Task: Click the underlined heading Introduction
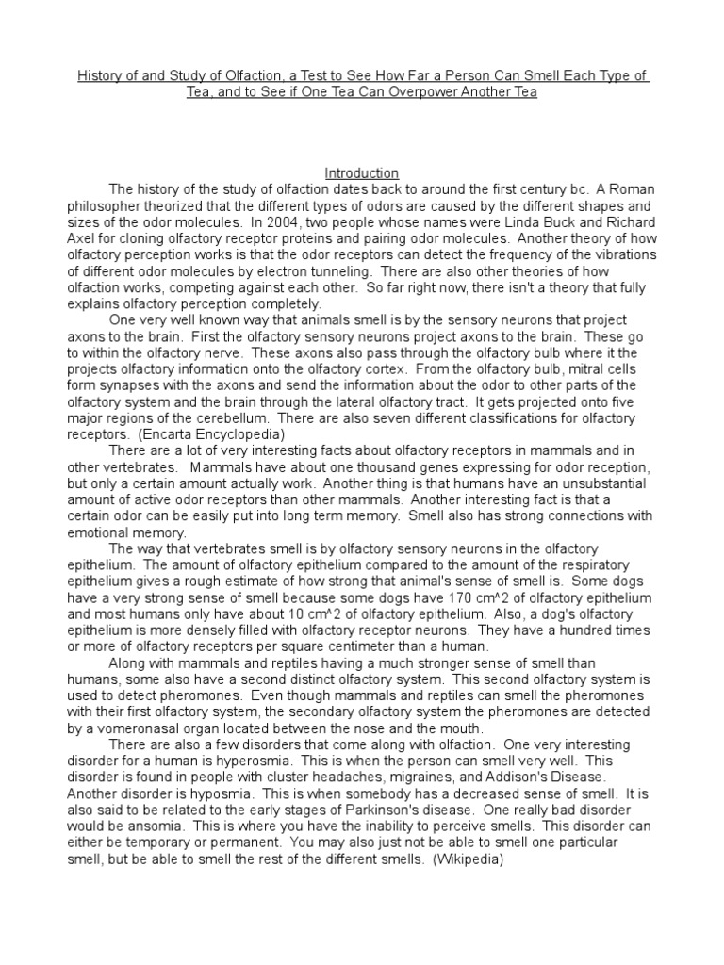(x=362, y=173)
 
